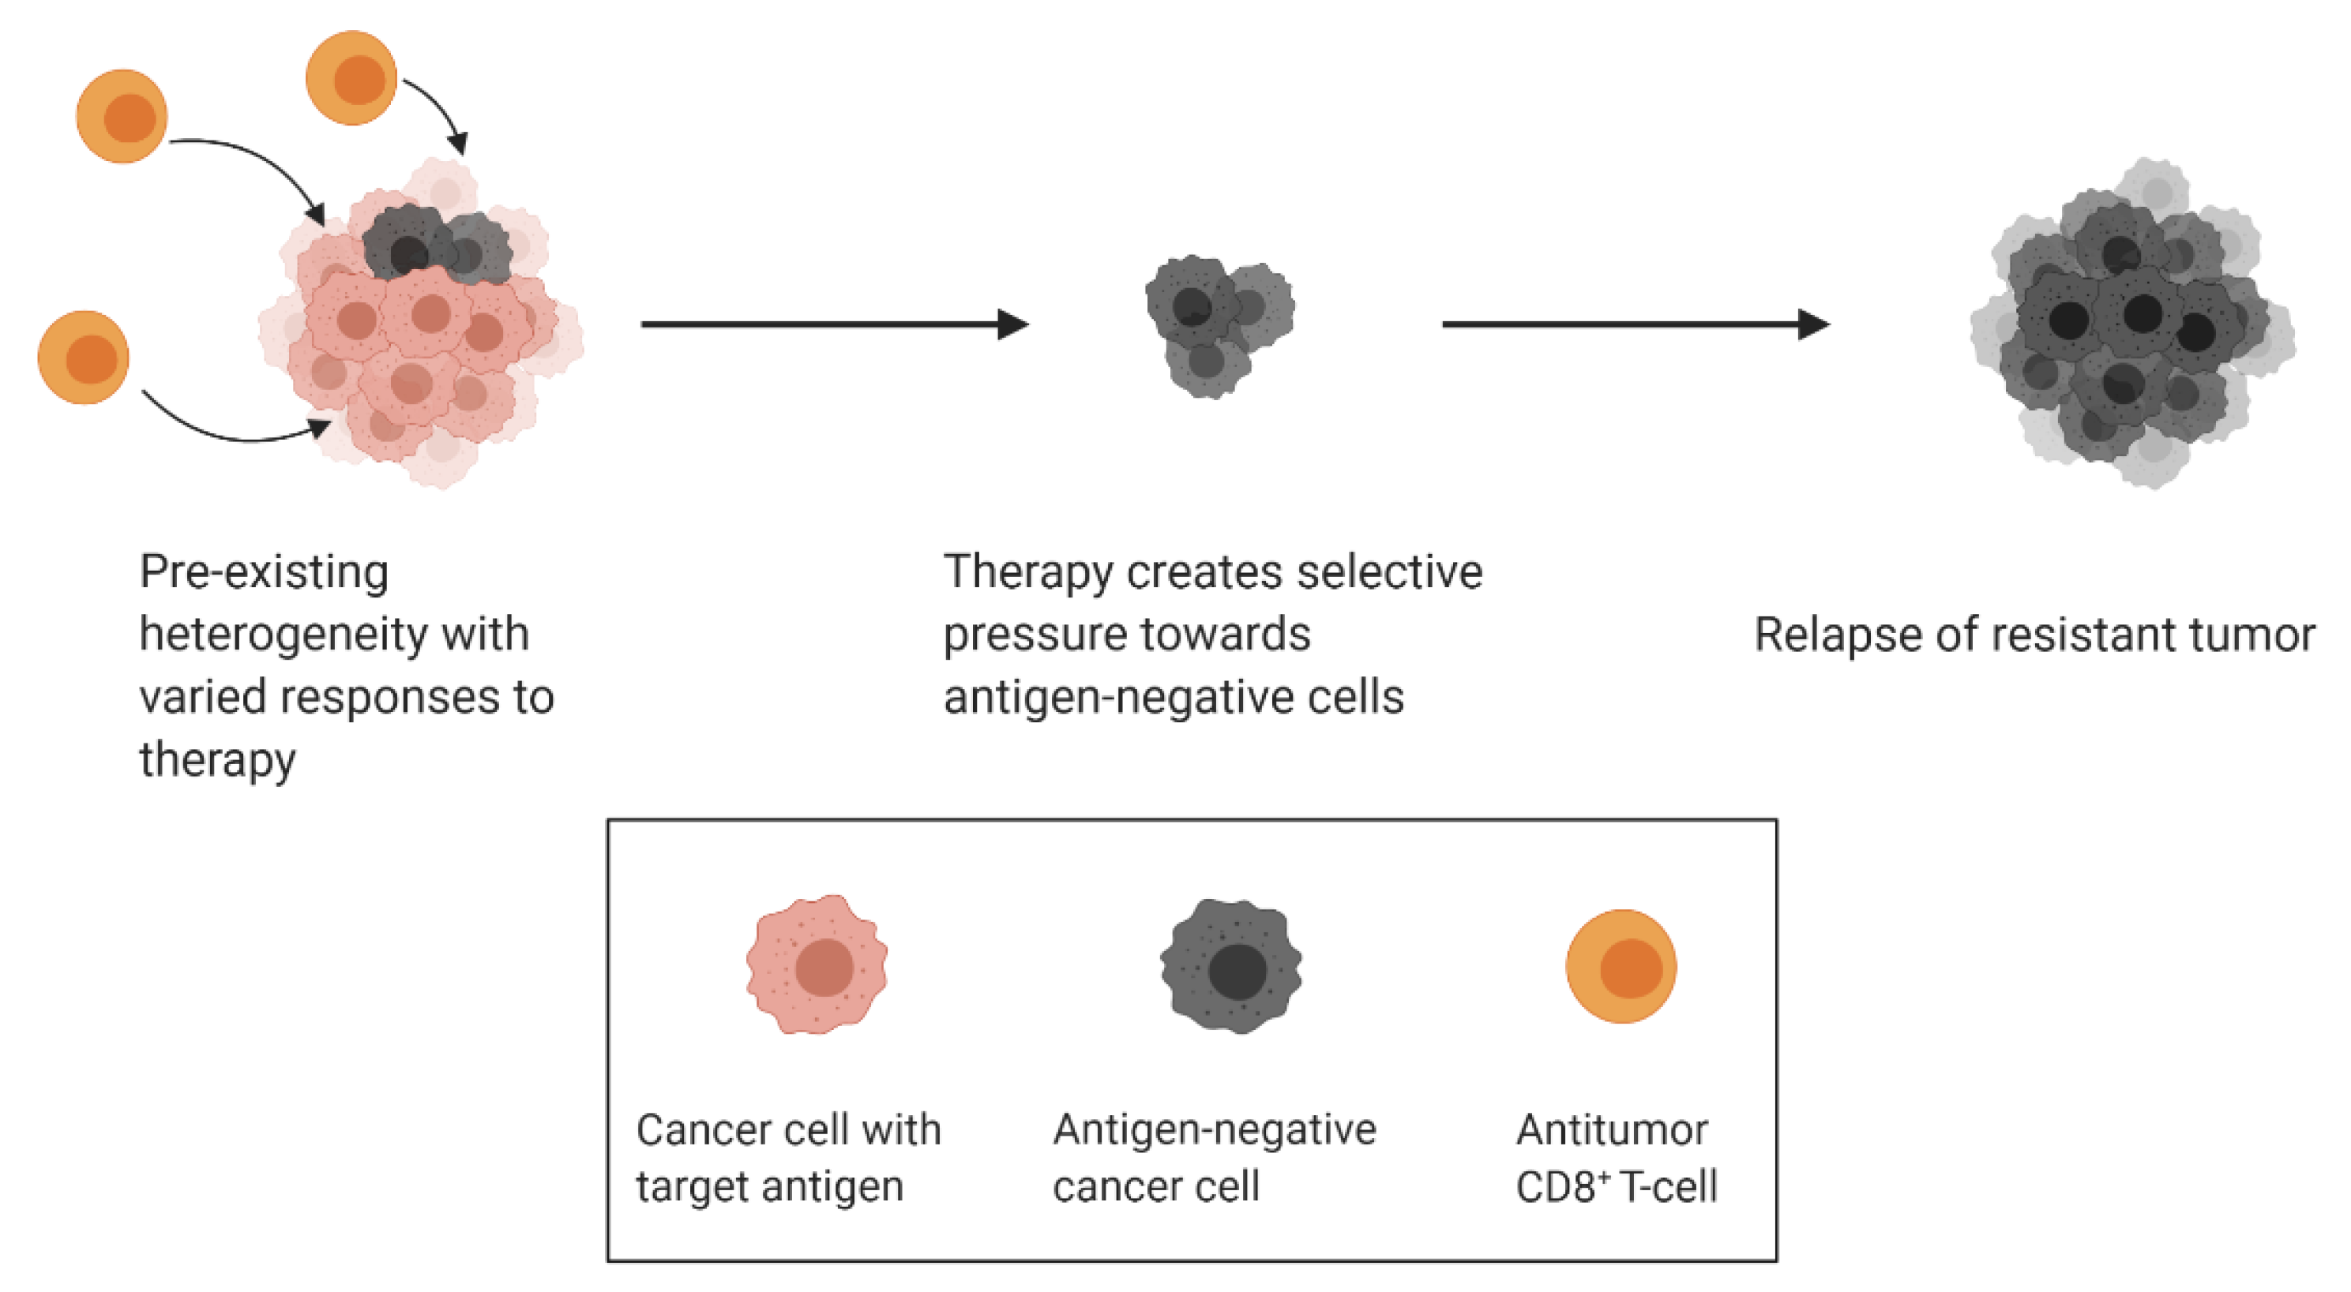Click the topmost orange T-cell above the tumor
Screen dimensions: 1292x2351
point(351,77)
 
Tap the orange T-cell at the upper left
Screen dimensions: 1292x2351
point(122,116)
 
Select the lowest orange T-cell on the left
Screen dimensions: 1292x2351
point(83,357)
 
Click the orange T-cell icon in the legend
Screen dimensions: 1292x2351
point(1621,966)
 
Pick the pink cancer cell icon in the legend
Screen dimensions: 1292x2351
point(817,964)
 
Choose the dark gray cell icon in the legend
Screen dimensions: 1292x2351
point(1231,966)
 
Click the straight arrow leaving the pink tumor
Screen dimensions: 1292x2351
point(834,324)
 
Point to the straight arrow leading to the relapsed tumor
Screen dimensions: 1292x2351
point(1635,324)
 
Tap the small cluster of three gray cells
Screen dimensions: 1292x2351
point(1218,324)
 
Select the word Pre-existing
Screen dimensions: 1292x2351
point(264,573)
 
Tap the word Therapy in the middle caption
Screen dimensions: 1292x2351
point(1027,573)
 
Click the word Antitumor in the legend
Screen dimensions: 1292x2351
point(1612,1130)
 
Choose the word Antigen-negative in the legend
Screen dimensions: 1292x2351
point(1214,1130)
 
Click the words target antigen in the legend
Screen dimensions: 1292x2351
point(769,1186)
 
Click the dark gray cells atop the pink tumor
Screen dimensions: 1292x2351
point(436,246)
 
